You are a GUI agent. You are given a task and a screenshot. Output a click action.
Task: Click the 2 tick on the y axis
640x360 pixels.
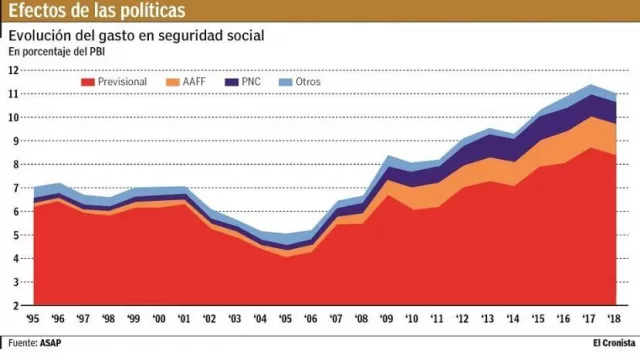[16, 306]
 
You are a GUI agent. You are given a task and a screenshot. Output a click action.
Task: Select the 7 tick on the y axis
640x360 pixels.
[16, 188]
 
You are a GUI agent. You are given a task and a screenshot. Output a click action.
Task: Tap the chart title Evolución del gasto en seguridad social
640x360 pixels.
[136, 36]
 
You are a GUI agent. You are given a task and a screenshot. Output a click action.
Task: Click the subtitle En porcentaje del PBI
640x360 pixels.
[57, 51]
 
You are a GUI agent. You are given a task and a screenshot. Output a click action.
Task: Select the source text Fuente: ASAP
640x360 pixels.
[33, 341]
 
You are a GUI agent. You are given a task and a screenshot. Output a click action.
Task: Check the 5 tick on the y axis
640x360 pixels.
[16, 235]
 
